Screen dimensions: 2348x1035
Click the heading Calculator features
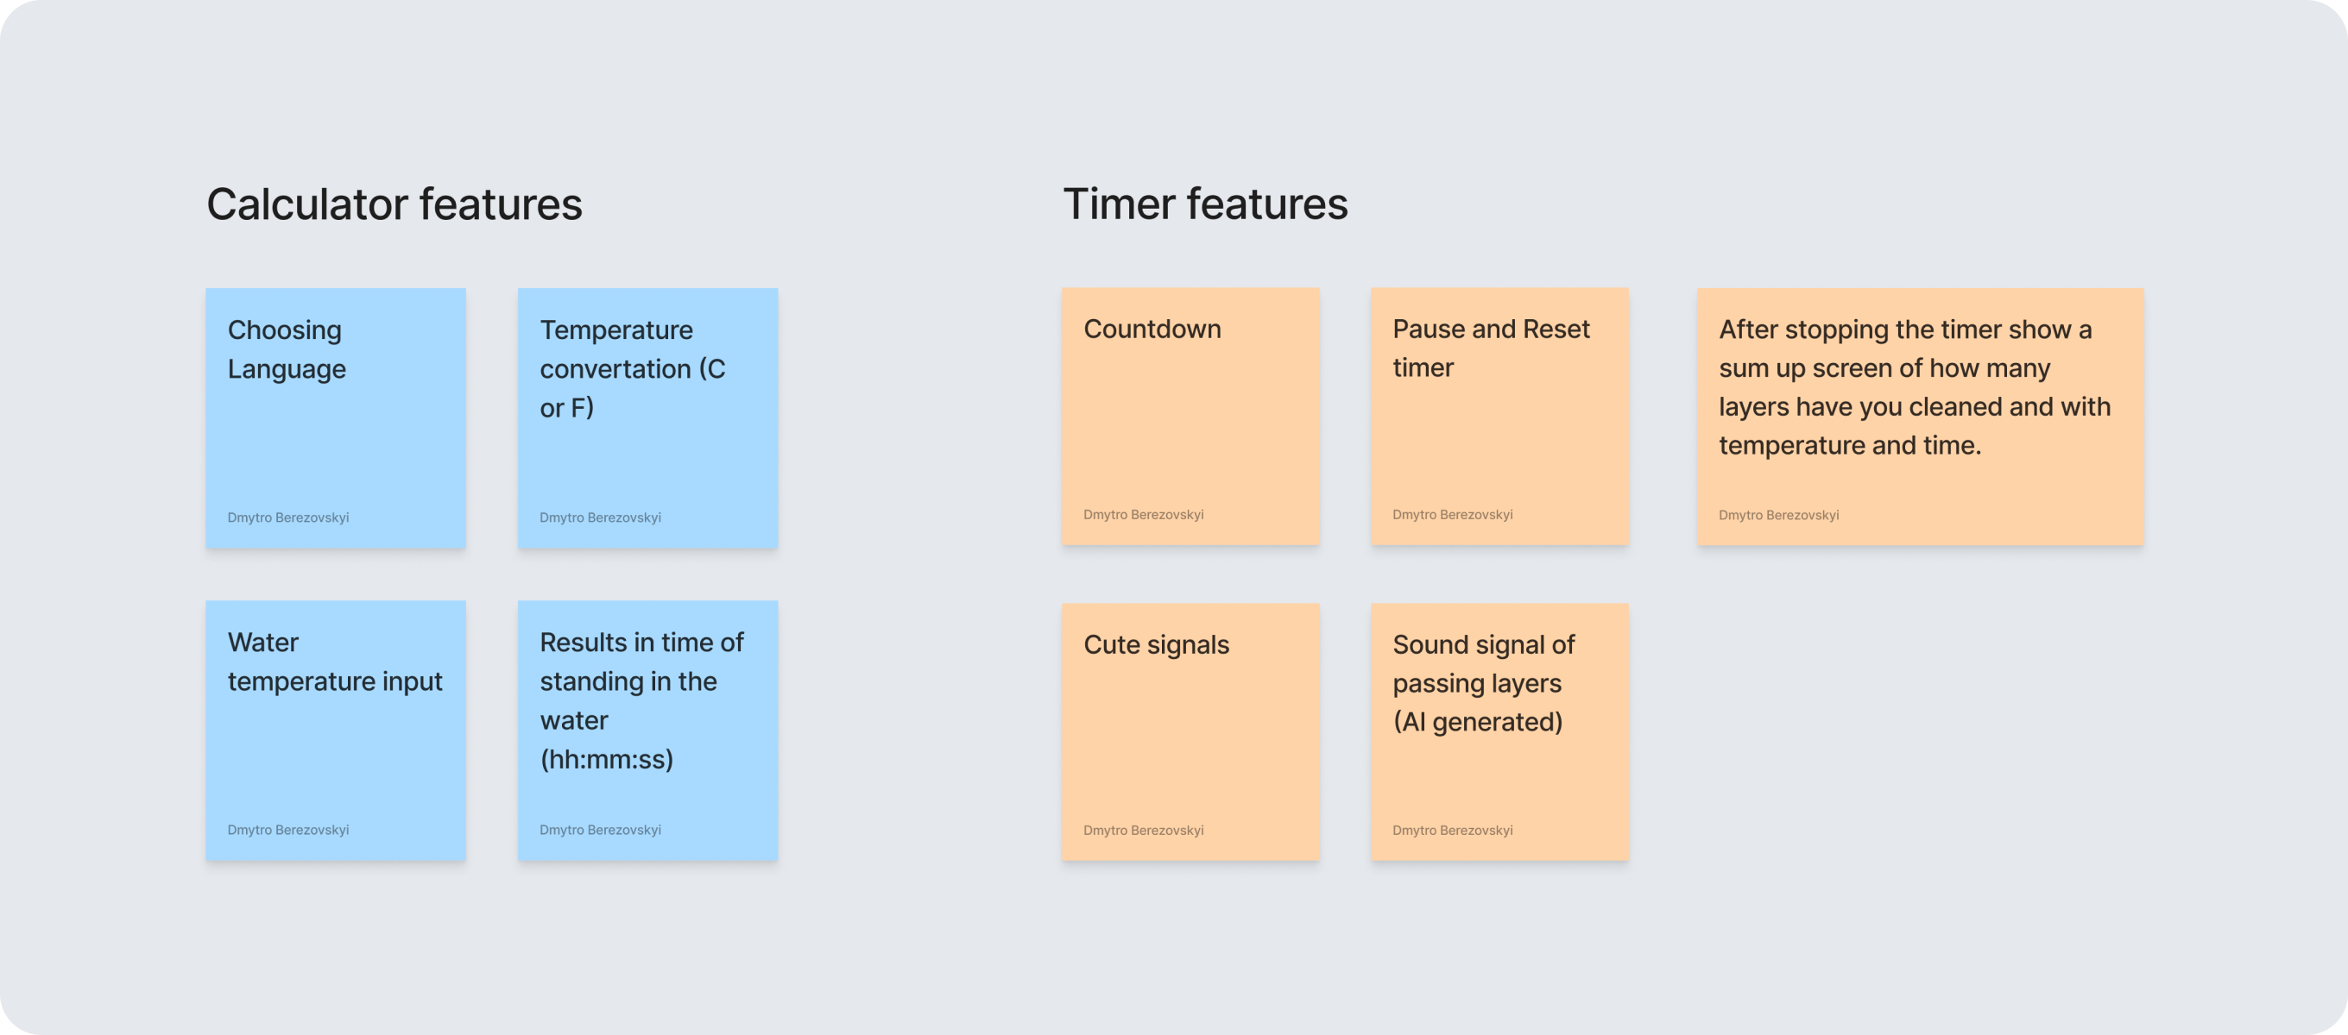394,204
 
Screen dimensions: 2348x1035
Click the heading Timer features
1205,204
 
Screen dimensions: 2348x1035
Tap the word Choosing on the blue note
284,330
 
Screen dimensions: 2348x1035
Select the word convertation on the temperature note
615,369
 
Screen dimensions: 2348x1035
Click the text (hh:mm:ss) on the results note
607,759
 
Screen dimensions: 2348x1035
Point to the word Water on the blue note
263,643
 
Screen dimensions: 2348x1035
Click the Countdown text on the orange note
1152,329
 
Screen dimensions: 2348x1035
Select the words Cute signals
1156,645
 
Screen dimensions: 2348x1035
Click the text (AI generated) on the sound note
1478,722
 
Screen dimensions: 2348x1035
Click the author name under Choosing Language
288,517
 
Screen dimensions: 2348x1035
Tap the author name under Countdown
1143,515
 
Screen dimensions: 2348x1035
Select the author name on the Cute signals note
1143,830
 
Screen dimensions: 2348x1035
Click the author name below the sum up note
1778,515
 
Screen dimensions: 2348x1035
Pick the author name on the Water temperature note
288,830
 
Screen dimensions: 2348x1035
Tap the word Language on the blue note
287,370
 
